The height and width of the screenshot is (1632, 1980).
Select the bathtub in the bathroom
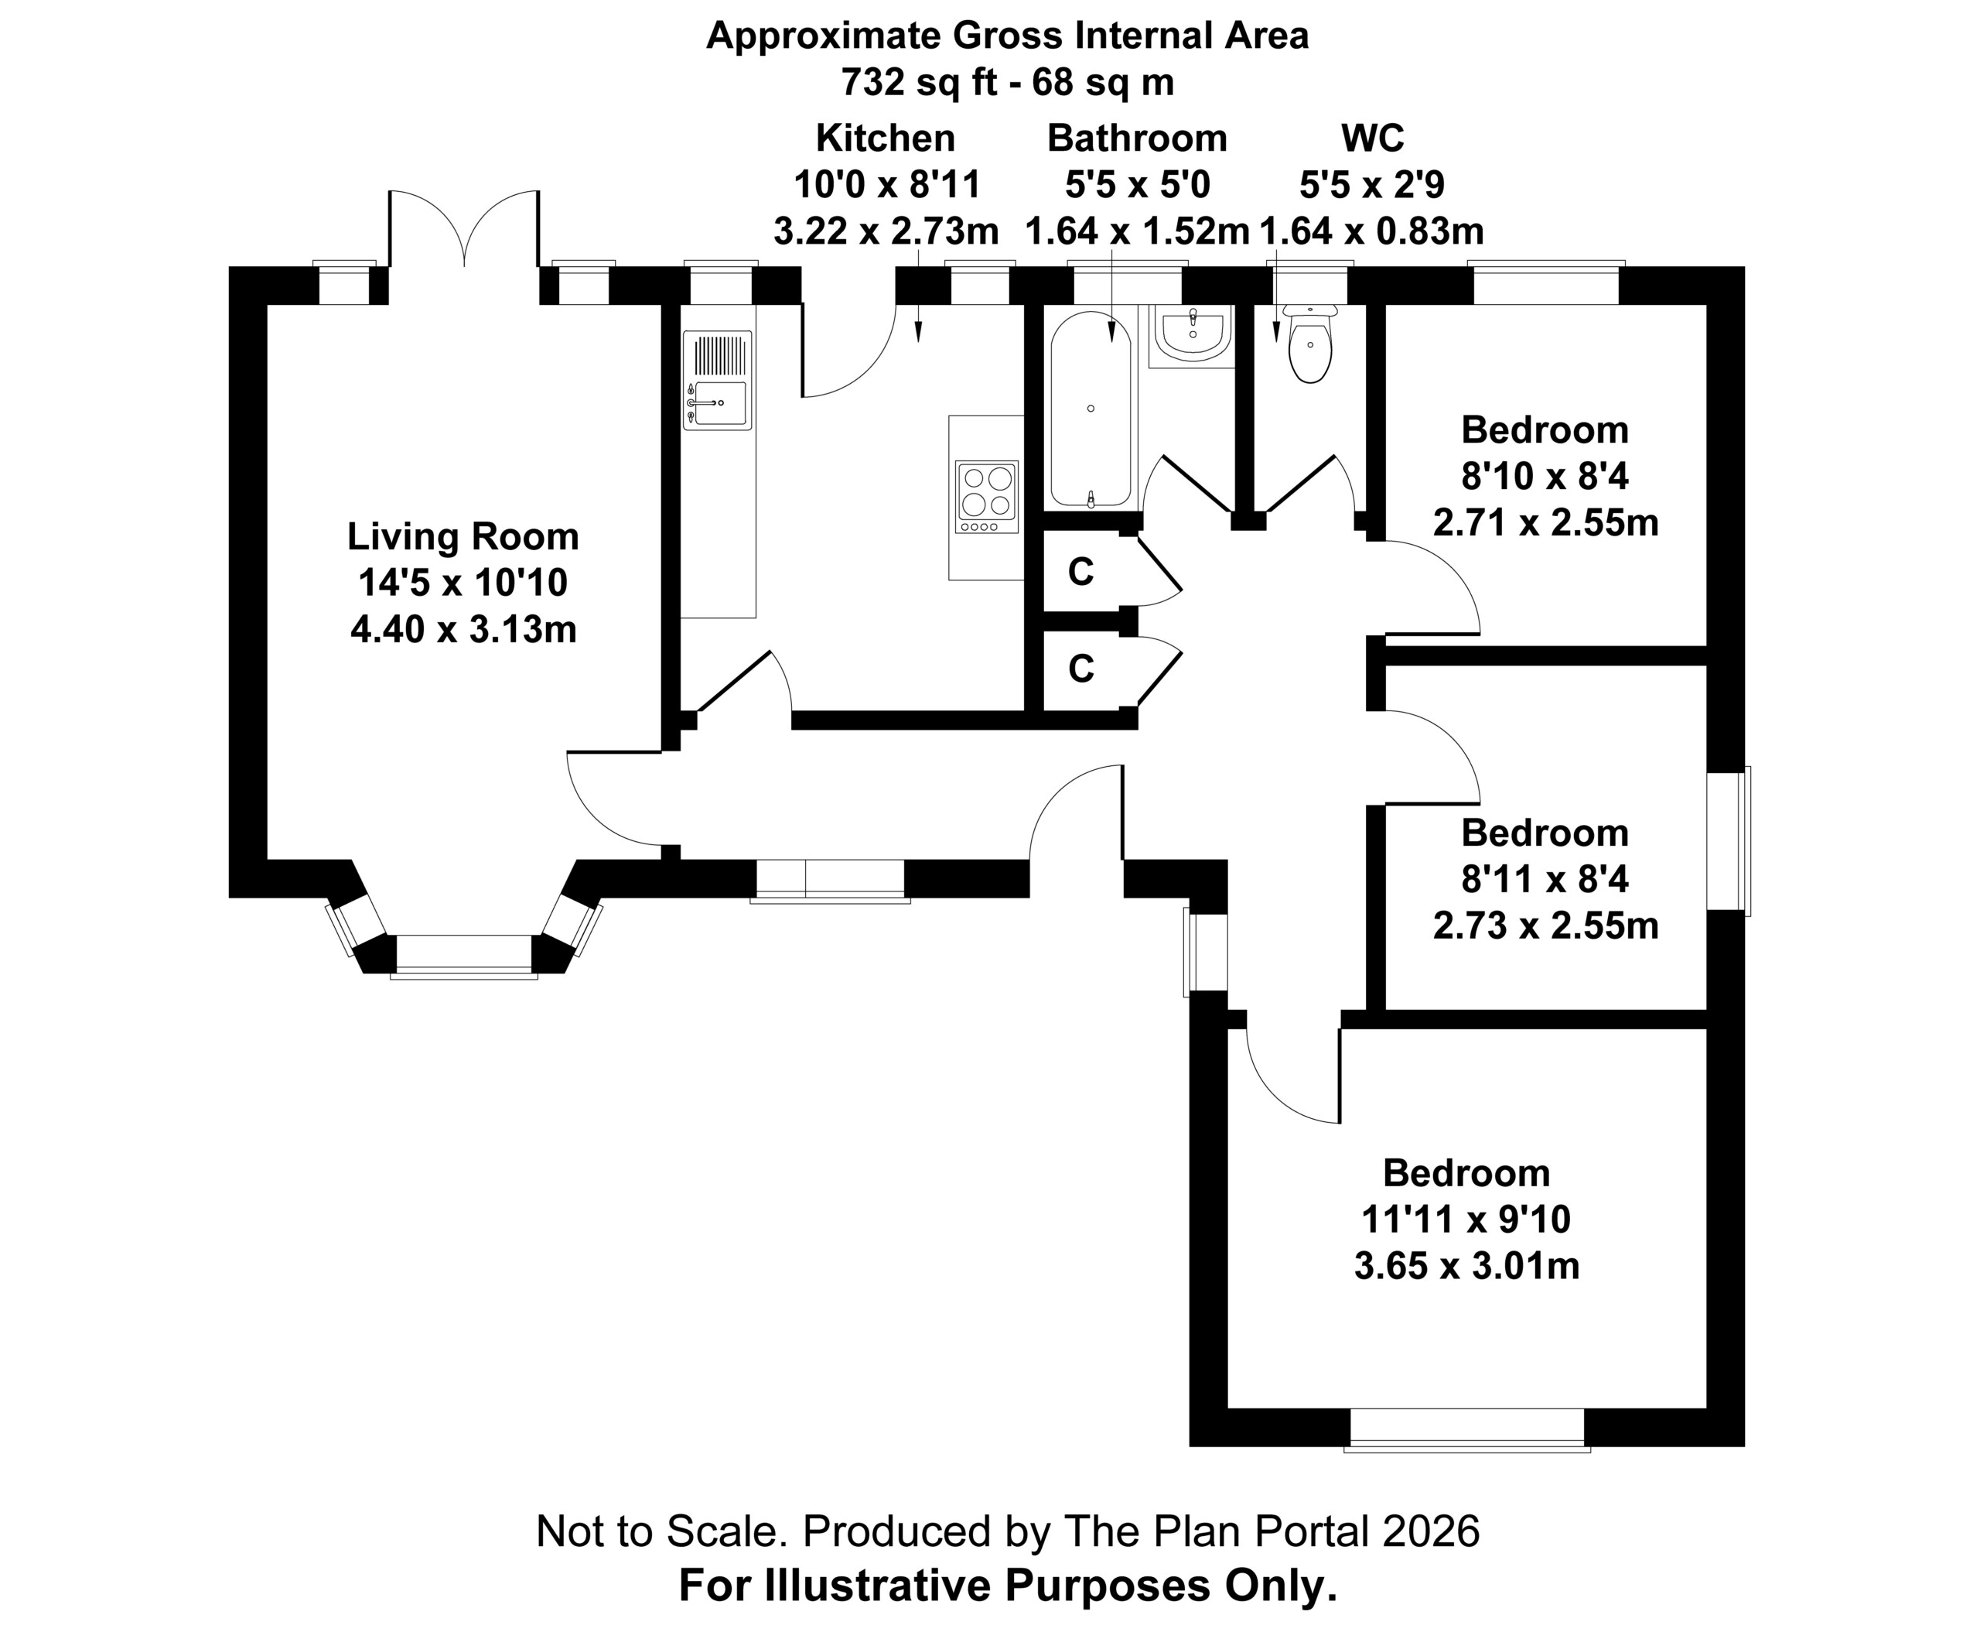tap(1090, 409)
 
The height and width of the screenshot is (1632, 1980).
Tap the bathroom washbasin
tap(1193, 334)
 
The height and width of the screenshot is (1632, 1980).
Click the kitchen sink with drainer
tap(718, 380)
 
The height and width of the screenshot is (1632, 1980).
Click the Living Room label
tap(463, 537)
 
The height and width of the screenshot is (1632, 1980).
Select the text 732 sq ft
tap(918, 83)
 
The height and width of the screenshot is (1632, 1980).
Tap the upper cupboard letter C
tap(1080, 572)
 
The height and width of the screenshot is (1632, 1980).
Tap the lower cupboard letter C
tap(1080, 669)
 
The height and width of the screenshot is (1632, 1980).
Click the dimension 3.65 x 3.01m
tap(1466, 1266)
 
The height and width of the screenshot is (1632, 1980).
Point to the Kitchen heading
tap(886, 139)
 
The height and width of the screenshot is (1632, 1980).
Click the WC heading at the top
tap(1372, 139)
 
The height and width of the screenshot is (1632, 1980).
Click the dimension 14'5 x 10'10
tap(463, 583)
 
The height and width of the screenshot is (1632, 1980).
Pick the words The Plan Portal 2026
tap(1272, 1531)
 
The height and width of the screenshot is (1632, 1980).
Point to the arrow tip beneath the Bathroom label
tap(1111, 340)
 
